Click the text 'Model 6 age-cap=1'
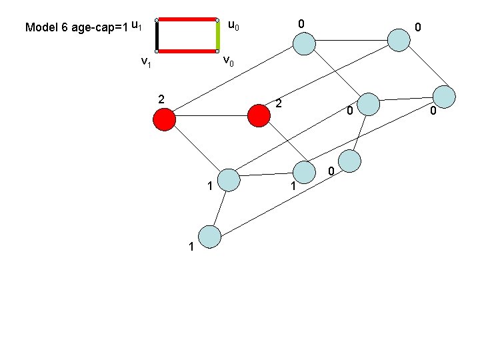click(77, 27)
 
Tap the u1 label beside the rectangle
click(137, 25)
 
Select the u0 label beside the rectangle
click(233, 25)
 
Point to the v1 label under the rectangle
click(146, 62)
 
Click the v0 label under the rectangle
click(229, 61)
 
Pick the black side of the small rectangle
click(157, 36)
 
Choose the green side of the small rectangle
click(217, 36)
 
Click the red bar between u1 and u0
click(187, 19)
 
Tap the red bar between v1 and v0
click(187, 51)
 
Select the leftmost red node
click(165, 119)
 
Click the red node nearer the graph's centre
click(259, 116)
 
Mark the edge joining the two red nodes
click(211, 116)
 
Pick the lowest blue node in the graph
click(210, 237)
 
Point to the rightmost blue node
click(444, 97)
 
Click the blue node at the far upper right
click(399, 40)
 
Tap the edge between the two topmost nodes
click(351, 40)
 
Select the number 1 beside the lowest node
click(191, 247)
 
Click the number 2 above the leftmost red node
click(161, 99)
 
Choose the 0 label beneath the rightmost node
click(433, 111)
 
